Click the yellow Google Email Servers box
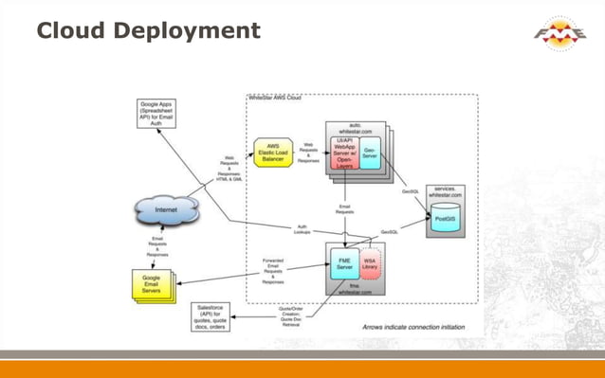155,286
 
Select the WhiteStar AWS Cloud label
279,99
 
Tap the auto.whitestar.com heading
356,128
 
